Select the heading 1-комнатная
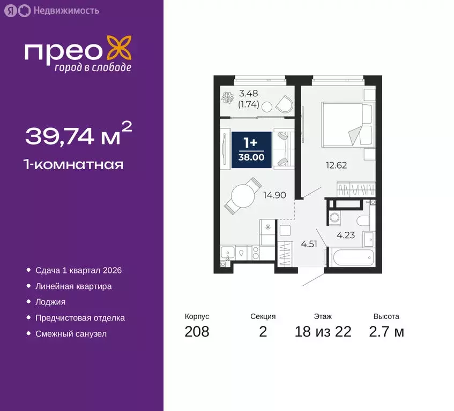75,164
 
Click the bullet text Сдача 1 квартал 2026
78,270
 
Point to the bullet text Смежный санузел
71,334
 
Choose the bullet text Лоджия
50,302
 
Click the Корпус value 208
197,332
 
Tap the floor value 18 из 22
323,332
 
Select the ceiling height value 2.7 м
386,332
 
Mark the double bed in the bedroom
346,125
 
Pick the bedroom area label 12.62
337,165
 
